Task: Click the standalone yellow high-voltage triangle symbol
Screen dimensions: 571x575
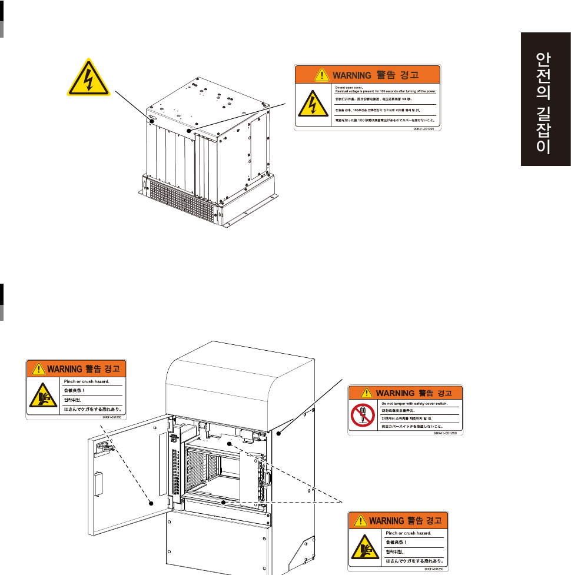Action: [x=88, y=78]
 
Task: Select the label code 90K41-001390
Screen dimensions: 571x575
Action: [x=428, y=128]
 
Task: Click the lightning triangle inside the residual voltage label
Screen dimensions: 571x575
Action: [x=308, y=104]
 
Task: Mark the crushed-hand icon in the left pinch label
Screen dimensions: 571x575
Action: [x=42, y=397]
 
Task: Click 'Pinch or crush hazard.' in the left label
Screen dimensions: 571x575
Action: [x=87, y=381]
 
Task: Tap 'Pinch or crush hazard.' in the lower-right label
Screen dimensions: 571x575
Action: [x=407, y=533]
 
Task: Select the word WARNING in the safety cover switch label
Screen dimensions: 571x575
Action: [x=396, y=393]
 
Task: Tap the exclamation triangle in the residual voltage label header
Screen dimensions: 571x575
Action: [x=321, y=75]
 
